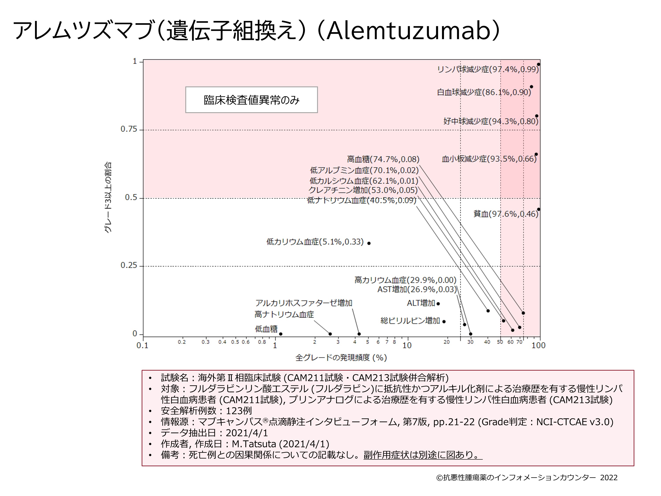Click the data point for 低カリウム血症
369,243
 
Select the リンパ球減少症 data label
488,69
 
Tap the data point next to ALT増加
438,304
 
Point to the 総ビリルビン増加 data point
444,322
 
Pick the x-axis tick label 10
407,346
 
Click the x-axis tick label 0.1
143,346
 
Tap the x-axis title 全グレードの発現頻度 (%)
341,358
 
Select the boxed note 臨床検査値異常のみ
251,100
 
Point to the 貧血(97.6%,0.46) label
506,214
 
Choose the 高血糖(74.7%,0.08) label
383,159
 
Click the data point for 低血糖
281,334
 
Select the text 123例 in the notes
239,411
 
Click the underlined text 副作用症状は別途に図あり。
423,455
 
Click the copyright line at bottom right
527,477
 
